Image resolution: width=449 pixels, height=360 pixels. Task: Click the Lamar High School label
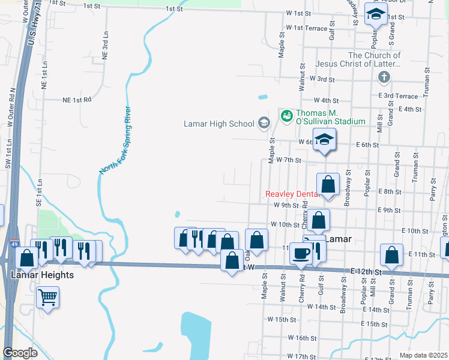(x=219, y=124)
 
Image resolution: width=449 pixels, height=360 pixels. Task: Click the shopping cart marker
(x=47, y=296)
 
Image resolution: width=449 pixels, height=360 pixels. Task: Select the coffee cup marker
(x=300, y=254)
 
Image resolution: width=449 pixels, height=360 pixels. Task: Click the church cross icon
(x=384, y=77)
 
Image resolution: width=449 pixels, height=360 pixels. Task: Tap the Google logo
(x=20, y=352)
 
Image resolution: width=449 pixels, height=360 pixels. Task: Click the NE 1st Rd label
(x=77, y=100)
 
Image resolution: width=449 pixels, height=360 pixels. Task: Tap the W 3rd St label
(x=322, y=79)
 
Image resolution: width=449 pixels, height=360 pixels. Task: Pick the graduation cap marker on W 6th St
(x=324, y=140)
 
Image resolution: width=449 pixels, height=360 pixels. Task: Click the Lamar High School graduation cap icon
(x=263, y=124)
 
